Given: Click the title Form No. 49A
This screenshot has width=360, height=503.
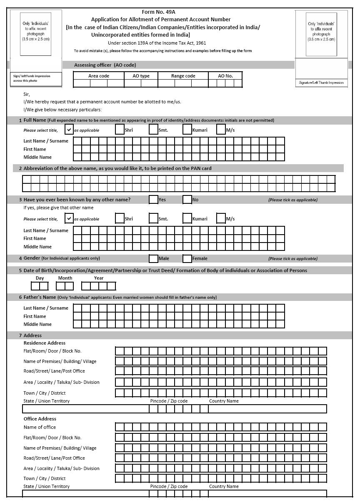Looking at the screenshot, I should [158, 12].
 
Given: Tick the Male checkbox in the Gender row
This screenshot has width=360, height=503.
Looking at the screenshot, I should [153, 258].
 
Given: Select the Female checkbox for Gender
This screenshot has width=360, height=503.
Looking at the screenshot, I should [187, 258].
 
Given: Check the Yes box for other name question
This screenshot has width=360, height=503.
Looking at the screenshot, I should [153, 200].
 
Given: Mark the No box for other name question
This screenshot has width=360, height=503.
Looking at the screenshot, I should [187, 200].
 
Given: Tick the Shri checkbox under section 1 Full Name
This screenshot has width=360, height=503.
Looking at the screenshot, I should [120, 130].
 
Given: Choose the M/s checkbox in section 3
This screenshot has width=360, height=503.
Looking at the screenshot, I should [221, 218].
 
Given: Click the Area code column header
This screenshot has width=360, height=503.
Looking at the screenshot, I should [99, 76].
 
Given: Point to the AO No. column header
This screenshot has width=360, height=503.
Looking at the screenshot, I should [225, 76].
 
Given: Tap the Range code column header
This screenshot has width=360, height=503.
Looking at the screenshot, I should [183, 76].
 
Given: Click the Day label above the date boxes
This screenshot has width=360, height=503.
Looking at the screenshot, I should [40, 278].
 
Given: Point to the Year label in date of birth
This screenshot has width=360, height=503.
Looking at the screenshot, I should [99, 278].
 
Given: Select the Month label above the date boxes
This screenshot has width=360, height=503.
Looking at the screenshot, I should [65, 278].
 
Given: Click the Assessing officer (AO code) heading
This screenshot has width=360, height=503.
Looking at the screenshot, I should [105, 65].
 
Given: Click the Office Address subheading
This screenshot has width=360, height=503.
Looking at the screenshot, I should [40, 419].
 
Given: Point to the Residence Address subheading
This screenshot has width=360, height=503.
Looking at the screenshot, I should [44, 343].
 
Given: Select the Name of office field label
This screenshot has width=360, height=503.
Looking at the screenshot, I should [40, 427].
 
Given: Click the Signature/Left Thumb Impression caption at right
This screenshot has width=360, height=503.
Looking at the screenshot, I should [321, 83].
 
